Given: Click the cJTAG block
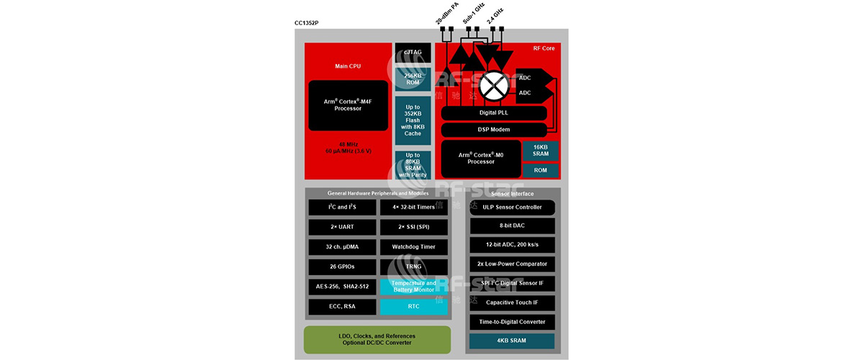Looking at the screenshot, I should point(413,52).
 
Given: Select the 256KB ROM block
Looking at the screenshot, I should point(413,79).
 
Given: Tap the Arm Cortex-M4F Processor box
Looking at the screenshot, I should point(348,105).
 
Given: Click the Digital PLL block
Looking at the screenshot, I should point(494,114).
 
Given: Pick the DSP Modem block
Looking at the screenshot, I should point(494,130).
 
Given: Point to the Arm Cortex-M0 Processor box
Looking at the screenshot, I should point(481,158).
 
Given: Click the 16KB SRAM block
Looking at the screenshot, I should point(540,150).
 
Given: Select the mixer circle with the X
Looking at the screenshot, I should point(494,86).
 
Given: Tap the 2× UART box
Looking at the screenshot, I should point(341,227).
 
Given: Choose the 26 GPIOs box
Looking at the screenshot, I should point(341,266).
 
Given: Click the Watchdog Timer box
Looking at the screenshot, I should point(413,247).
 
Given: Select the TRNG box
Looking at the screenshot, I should point(413,266).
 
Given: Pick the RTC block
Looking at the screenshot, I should point(413,307).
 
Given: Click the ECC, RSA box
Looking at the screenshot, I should point(341,307).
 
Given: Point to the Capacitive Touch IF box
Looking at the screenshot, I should point(512,302).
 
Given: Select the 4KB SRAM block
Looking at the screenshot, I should point(512,341).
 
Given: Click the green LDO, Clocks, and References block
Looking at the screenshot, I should point(377,339).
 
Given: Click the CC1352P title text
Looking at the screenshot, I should point(306,23).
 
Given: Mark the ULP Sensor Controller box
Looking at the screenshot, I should point(512,207).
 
